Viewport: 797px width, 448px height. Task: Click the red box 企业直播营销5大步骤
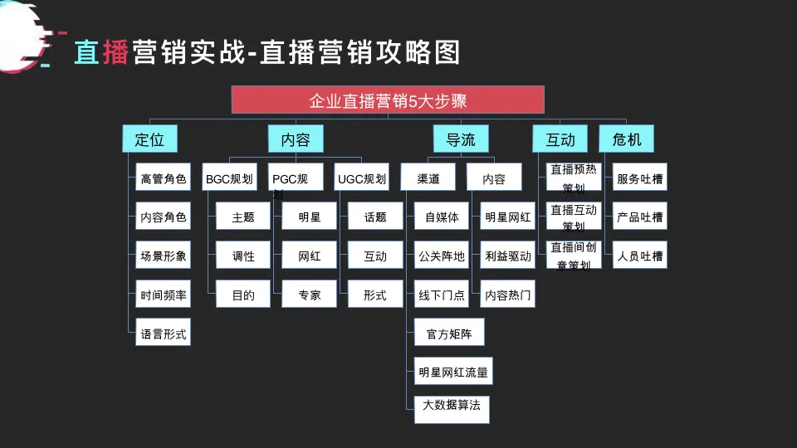[x=388, y=100]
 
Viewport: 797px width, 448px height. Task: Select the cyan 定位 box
[x=149, y=139]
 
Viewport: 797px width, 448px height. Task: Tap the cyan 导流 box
[x=461, y=139]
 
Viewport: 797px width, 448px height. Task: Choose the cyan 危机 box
[x=626, y=139]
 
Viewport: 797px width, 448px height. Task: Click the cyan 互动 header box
[x=560, y=139]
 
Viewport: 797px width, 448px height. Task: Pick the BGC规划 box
[x=230, y=178]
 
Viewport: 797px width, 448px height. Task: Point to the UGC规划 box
[x=362, y=178]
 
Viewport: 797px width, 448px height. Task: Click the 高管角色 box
[x=163, y=178]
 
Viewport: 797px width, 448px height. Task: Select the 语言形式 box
[x=163, y=334]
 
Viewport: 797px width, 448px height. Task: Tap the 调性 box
[x=243, y=256]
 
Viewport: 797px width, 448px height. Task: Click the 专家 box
[x=310, y=295]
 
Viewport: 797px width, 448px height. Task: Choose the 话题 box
[x=375, y=217]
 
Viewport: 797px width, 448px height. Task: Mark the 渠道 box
[x=428, y=178]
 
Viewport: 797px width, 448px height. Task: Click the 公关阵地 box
[x=442, y=256]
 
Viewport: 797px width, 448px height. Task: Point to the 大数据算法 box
[x=452, y=407]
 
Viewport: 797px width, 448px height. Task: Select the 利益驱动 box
[x=507, y=256]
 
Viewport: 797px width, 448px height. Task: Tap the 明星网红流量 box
[x=453, y=372]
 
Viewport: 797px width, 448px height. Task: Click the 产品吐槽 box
[x=639, y=218]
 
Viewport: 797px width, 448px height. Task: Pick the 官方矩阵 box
[x=449, y=334]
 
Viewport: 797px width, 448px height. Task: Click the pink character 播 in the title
[x=116, y=53]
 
